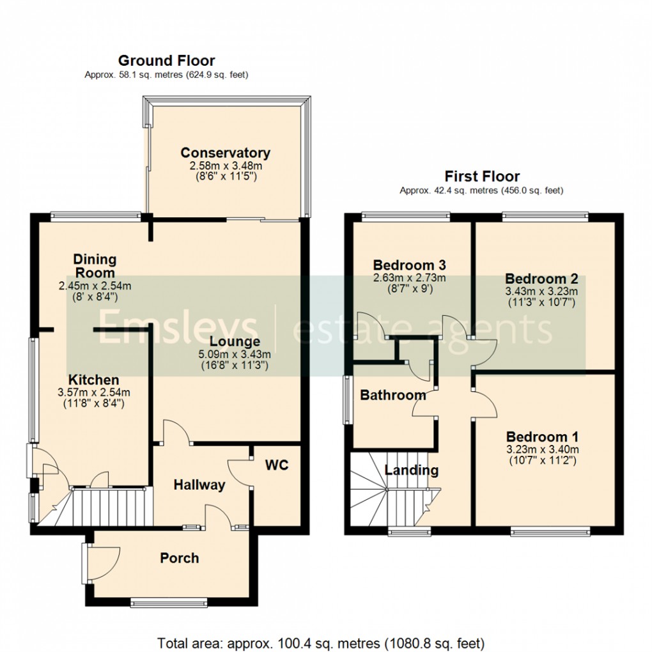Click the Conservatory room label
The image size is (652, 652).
(x=225, y=153)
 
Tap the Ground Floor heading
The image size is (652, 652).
(x=166, y=61)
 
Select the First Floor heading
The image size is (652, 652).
(x=482, y=176)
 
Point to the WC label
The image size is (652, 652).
(x=277, y=465)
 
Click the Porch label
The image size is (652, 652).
(x=179, y=558)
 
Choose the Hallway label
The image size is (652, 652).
(x=199, y=485)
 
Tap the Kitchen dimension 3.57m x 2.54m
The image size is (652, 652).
(x=94, y=392)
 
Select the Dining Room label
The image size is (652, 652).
(x=95, y=265)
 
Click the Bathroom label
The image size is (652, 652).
(x=393, y=395)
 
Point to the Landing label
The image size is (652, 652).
(x=412, y=470)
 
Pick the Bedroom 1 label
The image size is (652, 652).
(x=542, y=437)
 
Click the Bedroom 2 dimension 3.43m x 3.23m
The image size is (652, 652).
(x=541, y=291)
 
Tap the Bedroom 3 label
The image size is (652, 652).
(x=409, y=265)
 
